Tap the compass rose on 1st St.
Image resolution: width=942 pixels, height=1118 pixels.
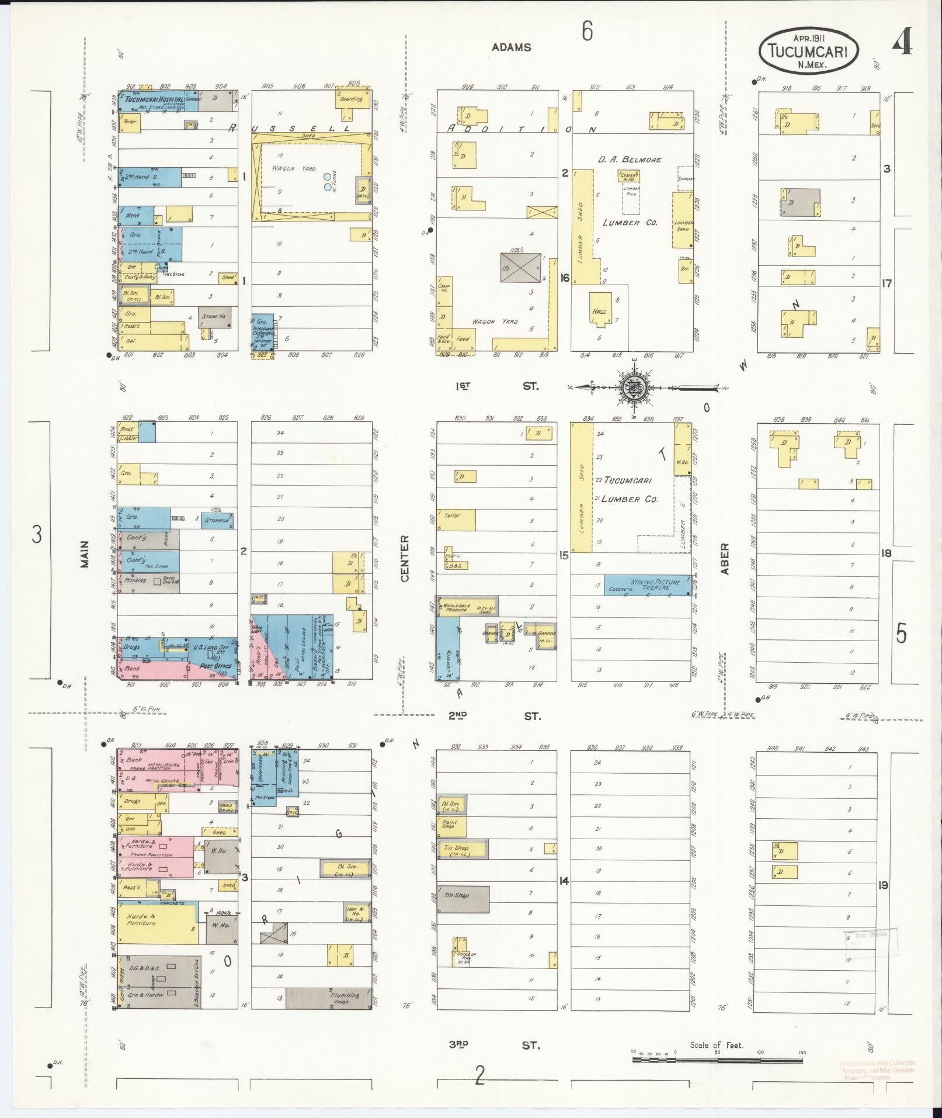[632, 387]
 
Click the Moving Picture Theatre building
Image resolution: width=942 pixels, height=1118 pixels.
[646, 585]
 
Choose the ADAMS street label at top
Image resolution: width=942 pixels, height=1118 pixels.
[512, 47]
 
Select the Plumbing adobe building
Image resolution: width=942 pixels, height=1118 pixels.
[329, 998]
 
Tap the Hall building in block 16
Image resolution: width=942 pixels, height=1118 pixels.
[600, 312]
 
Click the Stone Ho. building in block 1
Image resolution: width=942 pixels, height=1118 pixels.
[214, 316]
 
